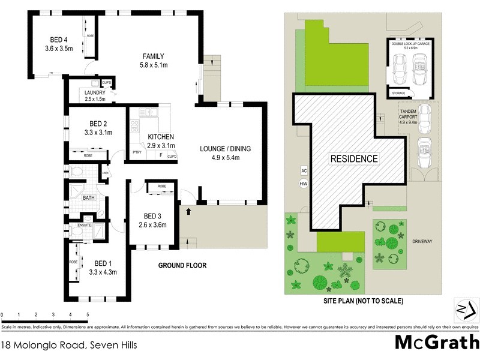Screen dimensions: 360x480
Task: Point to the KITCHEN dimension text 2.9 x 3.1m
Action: pyautogui.click(x=161, y=146)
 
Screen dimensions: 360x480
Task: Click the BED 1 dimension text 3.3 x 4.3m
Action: pyautogui.click(x=103, y=272)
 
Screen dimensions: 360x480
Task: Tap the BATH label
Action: pyautogui.click(x=89, y=197)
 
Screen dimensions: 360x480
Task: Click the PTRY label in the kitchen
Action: pyautogui.click(x=137, y=153)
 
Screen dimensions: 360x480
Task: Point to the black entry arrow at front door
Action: pyautogui.click(x=190, y=211)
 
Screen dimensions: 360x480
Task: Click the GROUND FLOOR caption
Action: pyautogui.click(x=182, y=265)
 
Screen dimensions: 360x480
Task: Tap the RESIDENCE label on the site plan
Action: pyautogui.click(x=354, y=159)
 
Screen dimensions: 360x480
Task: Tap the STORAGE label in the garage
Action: pyautogui.click(x=398, y=93)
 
